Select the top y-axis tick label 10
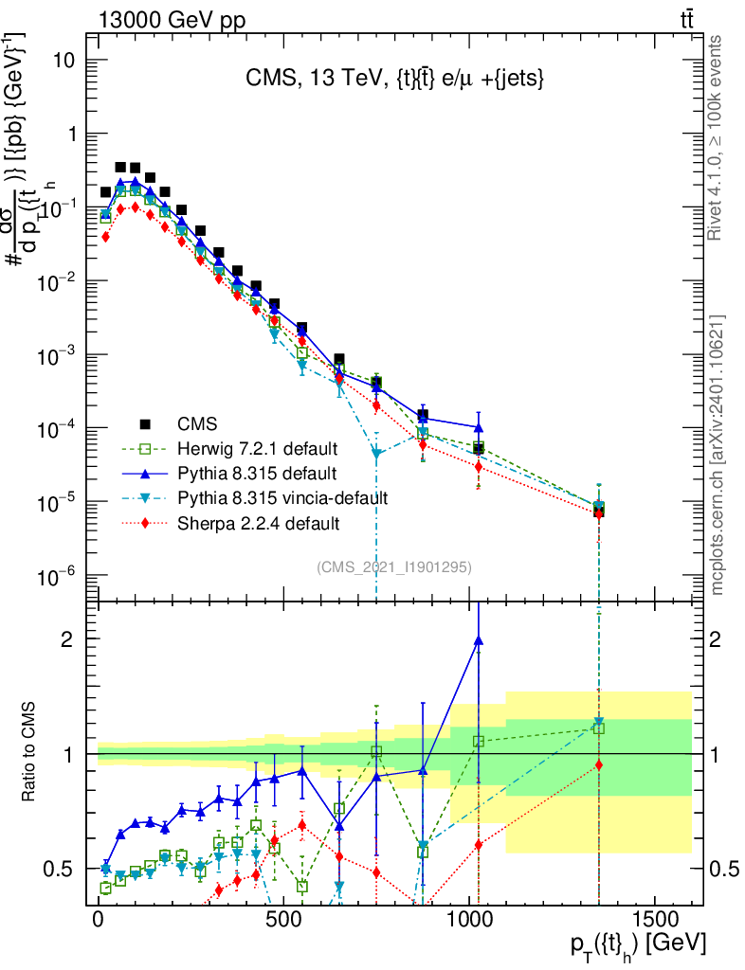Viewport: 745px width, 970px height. click(63, 60)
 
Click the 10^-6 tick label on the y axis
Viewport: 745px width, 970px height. click(57, 576)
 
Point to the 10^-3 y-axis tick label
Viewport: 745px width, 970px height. click(57, 355)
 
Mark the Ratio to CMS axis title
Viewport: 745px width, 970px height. click(29, 753)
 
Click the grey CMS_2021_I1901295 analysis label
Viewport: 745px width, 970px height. click(394, 566)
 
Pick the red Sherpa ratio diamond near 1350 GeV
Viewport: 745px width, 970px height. click(599, 764)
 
